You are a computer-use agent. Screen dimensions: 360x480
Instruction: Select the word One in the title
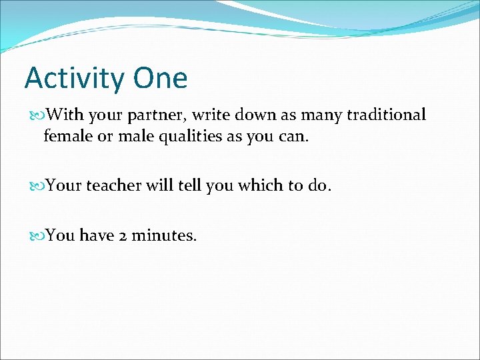(160, 78)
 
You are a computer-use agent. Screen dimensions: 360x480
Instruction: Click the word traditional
(385, 115)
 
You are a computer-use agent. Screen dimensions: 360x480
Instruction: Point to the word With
(65, 115)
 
